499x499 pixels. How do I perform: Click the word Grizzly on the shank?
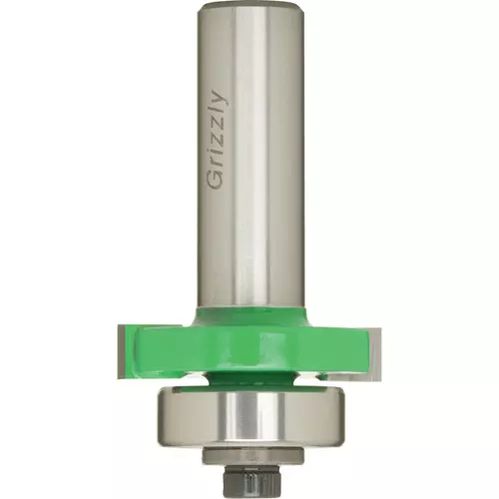(217, 139)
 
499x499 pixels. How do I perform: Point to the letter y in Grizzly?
(220, 97)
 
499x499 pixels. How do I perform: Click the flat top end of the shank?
(249, 7)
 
